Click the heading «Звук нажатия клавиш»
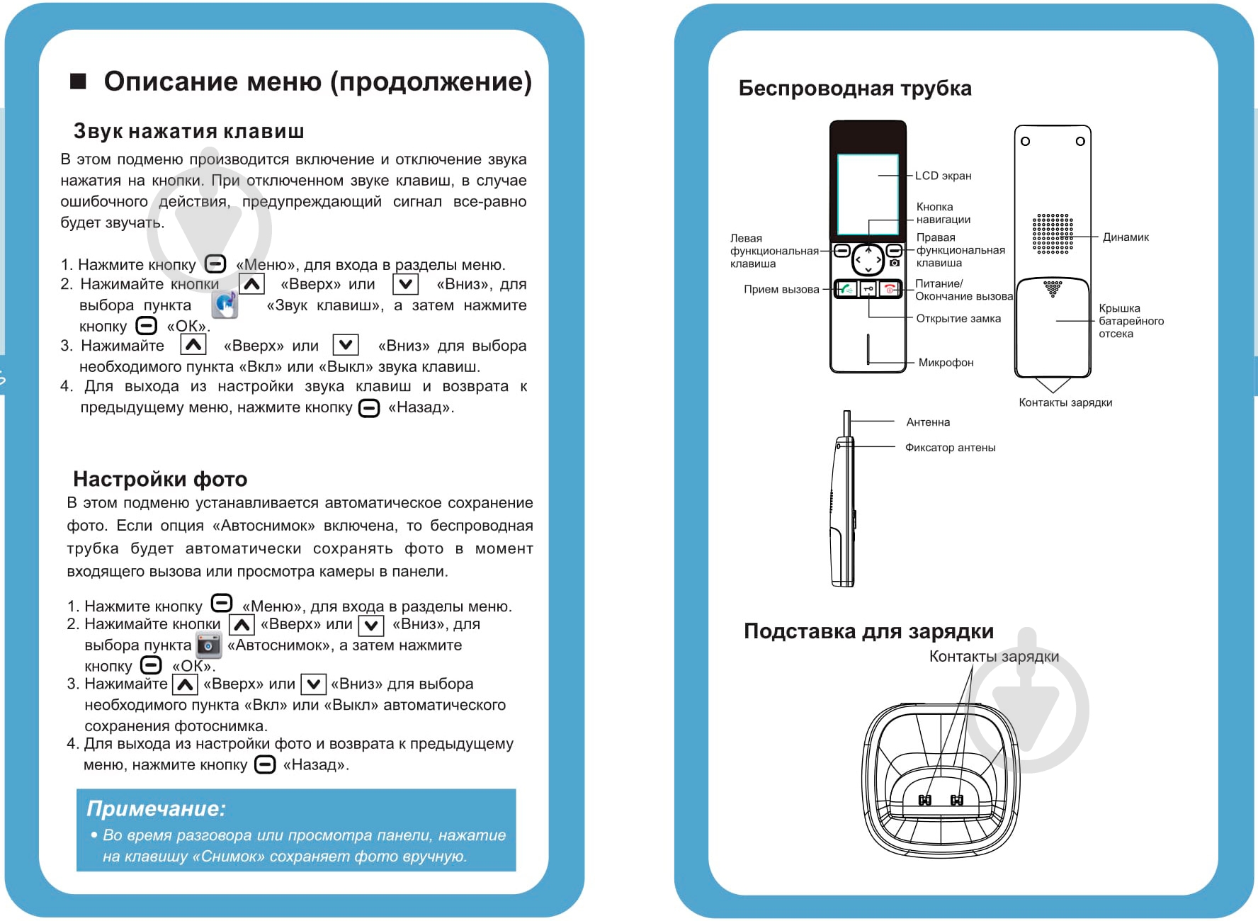(188, 132)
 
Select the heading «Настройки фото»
(160, 480)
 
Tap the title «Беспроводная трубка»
(854, 89)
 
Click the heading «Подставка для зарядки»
(868, 631)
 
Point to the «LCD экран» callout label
(943, 176)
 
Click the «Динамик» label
(1125, 237)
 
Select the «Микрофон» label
(946, 363)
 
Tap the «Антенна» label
(928, 422)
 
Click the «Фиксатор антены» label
(950, 448)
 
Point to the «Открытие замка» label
(958, 319)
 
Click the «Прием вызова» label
(781, 289)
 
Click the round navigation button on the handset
(868, 260)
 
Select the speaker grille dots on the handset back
(1052, 234)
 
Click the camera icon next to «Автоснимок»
(209, 645)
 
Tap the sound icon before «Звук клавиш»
(225, 305)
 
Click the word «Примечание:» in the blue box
(156, 808)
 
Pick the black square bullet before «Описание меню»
(78, 81)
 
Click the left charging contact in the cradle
(924, 800)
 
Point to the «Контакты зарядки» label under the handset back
(1065, 403)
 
